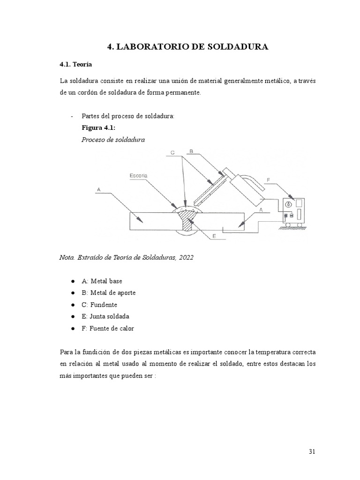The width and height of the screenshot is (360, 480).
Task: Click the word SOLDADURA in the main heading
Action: [235, 46]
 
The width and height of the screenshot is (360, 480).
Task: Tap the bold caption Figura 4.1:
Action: [98, 127]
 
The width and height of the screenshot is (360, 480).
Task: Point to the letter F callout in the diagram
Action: [269, 179]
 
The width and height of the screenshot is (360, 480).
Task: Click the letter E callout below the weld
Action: [214, 237]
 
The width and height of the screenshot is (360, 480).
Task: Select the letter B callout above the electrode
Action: [191, 151]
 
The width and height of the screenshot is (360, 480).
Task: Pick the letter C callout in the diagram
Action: [172, 153]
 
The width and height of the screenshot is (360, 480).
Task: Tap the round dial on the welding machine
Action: [288, 204]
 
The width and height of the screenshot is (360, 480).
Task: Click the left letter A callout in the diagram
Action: [98, 189]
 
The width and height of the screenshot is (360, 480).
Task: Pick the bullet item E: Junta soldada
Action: [105, 316]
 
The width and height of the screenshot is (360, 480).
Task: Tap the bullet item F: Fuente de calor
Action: [107, 328]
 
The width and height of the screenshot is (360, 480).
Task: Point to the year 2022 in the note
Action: [185, 257]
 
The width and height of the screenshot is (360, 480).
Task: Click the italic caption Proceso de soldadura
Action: [113, 140]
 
